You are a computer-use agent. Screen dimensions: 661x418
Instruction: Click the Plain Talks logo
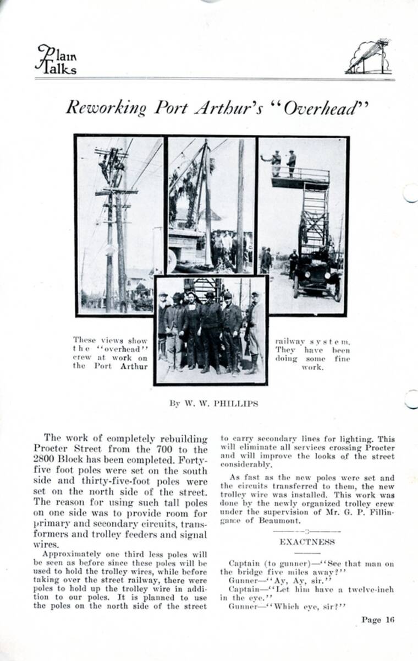(x=56, y=59)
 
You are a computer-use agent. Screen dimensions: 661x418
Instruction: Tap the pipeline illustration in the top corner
(x=369, y=57)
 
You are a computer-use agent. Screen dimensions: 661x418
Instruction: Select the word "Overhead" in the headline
(x=320, y=107)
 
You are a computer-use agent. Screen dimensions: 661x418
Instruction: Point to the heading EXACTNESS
(x=307, y=541)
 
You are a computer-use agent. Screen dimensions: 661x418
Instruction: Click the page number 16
(x=390, y=620)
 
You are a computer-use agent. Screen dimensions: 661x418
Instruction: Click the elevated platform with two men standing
(x=300, y=177)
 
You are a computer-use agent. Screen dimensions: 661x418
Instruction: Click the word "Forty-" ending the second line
(x=194, y=460)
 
